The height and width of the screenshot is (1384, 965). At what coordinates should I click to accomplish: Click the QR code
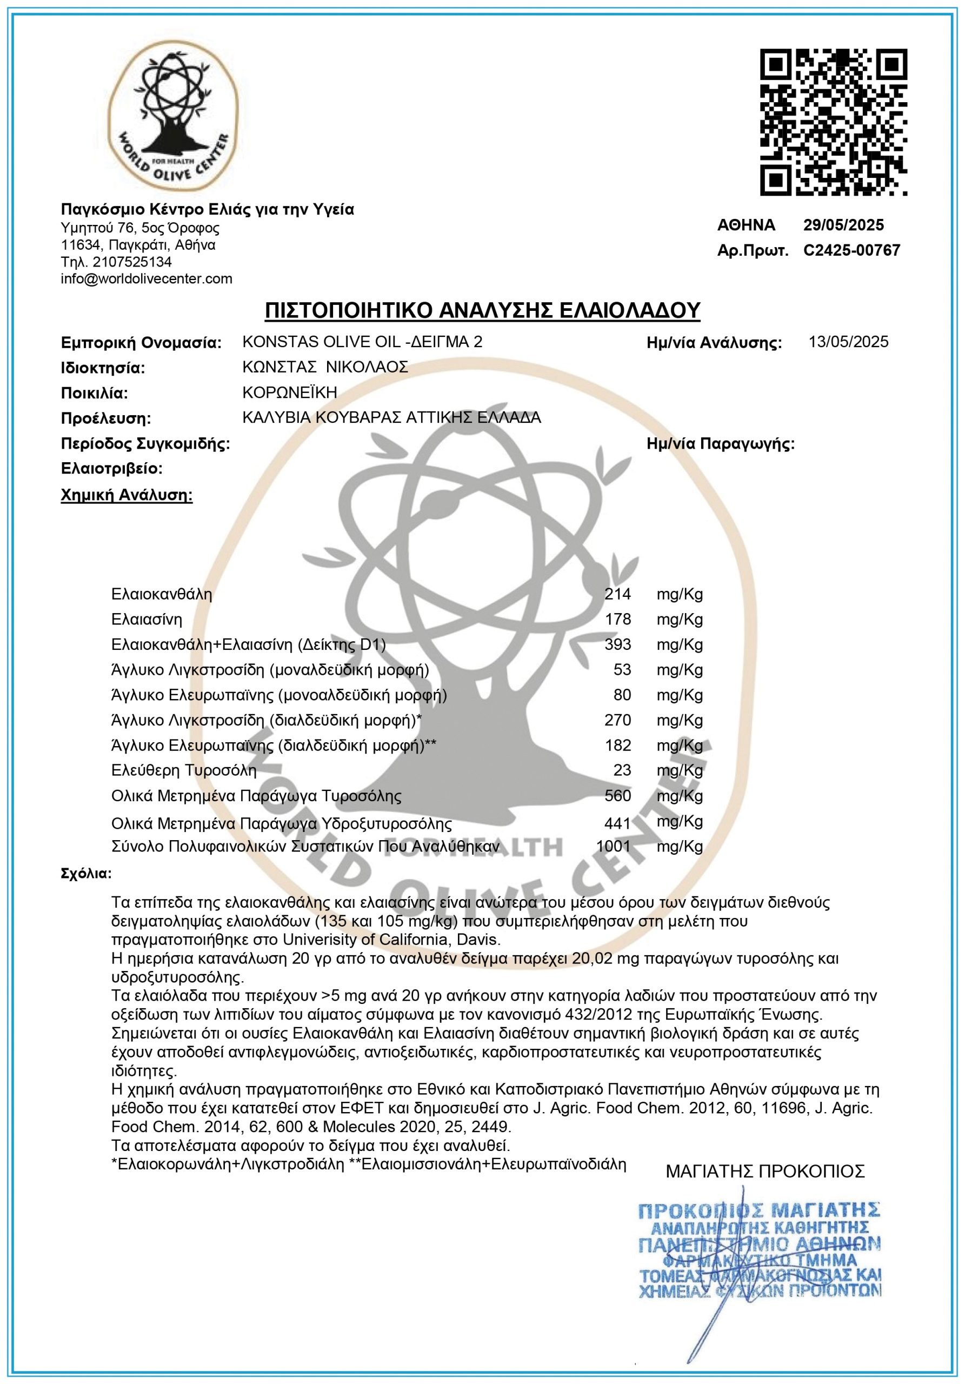[x=833, y=122]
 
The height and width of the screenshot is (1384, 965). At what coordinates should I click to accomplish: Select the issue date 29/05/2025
[x=843, y=225]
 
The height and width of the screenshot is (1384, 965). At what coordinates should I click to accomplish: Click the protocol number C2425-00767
[x=851, y=250]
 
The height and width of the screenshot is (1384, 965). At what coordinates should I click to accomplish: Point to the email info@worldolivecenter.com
[x=147, y=278]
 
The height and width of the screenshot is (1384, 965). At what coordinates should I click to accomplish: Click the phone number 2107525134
[x=132, y=262]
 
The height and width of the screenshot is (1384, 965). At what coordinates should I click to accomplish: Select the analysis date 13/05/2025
[x=848, y=342]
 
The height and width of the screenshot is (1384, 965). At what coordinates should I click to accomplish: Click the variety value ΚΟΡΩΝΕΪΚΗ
[x=289, y=392]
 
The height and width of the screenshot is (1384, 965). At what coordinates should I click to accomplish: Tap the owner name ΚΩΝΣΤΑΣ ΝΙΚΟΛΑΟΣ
[x=325, y=367]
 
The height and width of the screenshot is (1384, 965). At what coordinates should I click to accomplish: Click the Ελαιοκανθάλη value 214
[x=618, y=594]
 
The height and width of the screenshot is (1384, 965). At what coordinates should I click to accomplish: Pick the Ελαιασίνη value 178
[x=618, y=619]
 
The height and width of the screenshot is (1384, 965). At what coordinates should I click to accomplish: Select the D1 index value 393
[x=618, y=644]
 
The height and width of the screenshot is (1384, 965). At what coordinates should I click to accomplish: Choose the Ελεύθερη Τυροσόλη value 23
[x=622, y=770]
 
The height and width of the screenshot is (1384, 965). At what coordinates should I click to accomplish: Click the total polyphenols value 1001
[x=613, y=846]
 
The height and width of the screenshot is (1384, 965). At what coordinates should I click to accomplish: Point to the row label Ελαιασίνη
[x=147, y=619]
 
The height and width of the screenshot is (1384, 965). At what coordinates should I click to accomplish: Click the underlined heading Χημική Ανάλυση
[x=127, y=496]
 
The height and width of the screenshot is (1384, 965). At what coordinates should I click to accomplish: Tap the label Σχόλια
[x=86, y=874]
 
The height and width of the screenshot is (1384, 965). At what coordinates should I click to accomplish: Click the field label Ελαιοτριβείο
[x=111, y=468]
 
